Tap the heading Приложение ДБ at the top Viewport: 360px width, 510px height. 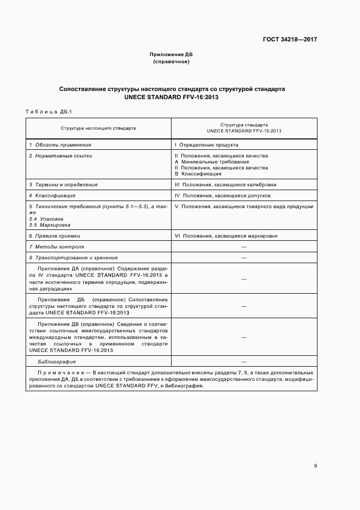tap(172, 54)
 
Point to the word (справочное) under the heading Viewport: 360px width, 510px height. tap(172, 62)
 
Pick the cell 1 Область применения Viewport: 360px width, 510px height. tap(60, 145)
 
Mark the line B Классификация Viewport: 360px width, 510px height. tap(202, 174)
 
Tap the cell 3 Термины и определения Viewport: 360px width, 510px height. tap(63, 185)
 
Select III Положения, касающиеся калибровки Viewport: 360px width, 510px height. tap(225, 185)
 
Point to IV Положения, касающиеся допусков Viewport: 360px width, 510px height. tap(222, 195)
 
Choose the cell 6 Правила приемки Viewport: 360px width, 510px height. tap(54, 236)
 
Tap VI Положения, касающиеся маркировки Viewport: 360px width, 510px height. tap(226, 236)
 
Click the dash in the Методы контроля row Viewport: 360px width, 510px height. tap(243, 247)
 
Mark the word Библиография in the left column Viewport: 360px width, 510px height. tap(56, 362)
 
